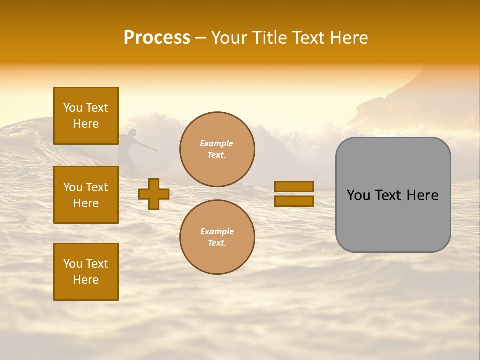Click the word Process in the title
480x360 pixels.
(x=157, y=38)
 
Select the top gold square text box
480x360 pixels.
(x=86, y=116)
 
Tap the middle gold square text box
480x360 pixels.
(x=86, y=195)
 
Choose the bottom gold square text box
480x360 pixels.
(x=86, y=272)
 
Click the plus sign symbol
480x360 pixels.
(x=154, y=194)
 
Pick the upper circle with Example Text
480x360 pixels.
(x=217, y=149)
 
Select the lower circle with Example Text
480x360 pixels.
(x=217, y=237)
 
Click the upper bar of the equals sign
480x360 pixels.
(x=294, y=186)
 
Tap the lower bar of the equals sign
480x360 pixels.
(x=294, y=201)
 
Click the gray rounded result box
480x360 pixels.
(x=393, y=195)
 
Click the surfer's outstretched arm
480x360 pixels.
(x=147, y=147)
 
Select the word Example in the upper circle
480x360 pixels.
(x=217, y=143)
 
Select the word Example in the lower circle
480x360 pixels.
(x=217, y=231)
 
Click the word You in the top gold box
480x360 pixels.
(x=73, y=108)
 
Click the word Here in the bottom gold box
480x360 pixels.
(x=86, y=280)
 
